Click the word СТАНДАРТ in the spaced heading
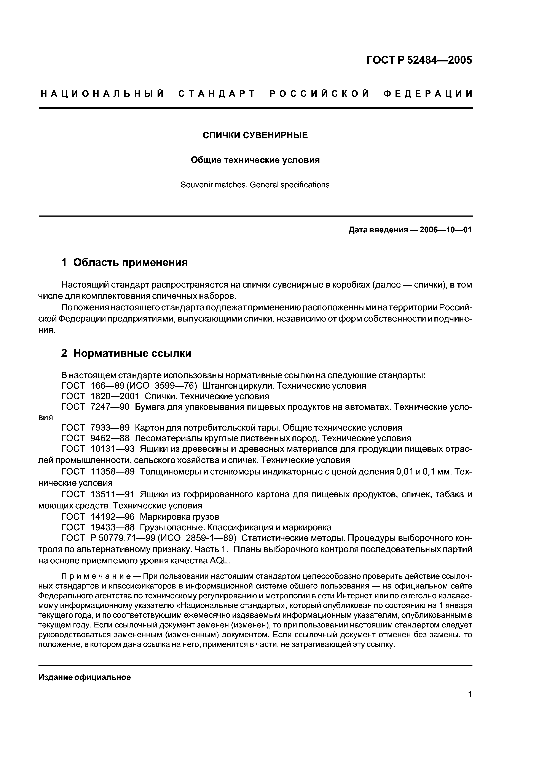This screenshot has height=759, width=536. [217, 94]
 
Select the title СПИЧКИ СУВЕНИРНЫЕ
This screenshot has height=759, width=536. [255, 135]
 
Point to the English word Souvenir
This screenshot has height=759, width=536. [196, 185]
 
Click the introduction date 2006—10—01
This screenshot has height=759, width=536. [445, 230]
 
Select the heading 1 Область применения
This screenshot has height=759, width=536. [124, 262]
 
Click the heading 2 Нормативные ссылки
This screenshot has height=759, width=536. [126, 353]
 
